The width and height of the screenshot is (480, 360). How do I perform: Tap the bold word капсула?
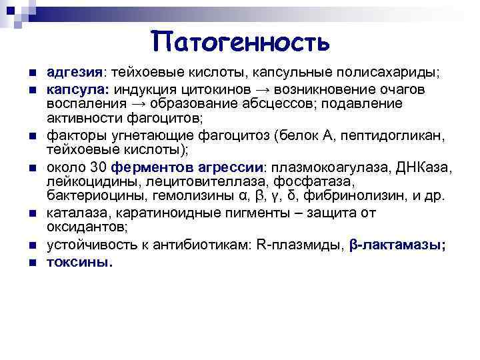click(x=73, y=89)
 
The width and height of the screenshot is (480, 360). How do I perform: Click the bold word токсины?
click(x=79, y=262)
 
